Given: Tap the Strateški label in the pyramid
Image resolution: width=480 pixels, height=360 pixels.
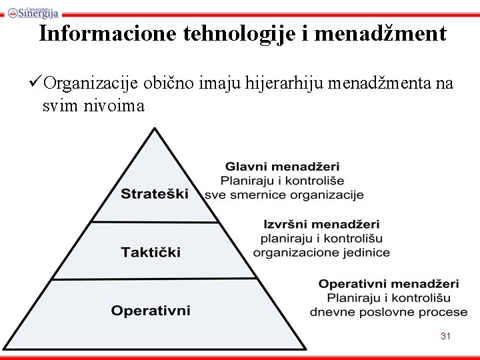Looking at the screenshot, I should tap(155, 194).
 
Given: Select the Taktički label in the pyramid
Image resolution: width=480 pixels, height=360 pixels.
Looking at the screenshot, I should tap(151, 252).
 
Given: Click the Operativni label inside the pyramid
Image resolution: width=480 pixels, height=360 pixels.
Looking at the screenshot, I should tap(151, 311).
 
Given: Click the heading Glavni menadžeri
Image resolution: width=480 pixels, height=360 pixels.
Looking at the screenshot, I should tap(282, 166).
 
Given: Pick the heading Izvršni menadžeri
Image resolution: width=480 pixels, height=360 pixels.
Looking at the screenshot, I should tap(321, 224).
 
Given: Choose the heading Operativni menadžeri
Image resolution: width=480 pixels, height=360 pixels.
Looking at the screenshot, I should tap(389, 283).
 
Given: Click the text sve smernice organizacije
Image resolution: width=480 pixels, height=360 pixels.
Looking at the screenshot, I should tap(284, 195).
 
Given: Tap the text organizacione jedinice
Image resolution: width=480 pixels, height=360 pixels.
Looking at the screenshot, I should tap(321, 253).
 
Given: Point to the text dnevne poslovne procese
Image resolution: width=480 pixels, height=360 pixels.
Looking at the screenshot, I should tap(389, 312).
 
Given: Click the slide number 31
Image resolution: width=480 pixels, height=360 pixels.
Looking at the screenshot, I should tap(446, 337).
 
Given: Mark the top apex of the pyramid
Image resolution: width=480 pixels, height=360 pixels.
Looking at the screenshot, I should tap(155, 130).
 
